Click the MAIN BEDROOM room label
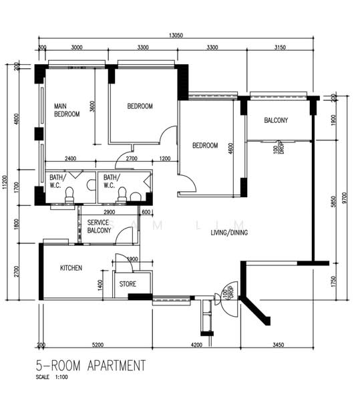[67, 110]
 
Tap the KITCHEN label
[71, 268]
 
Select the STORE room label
[128, 284]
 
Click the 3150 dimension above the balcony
[280, 48]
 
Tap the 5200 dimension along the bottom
[98, 345]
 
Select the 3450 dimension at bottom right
[279, 345]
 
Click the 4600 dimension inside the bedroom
[230, 148]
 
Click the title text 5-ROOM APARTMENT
[92, 366]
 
